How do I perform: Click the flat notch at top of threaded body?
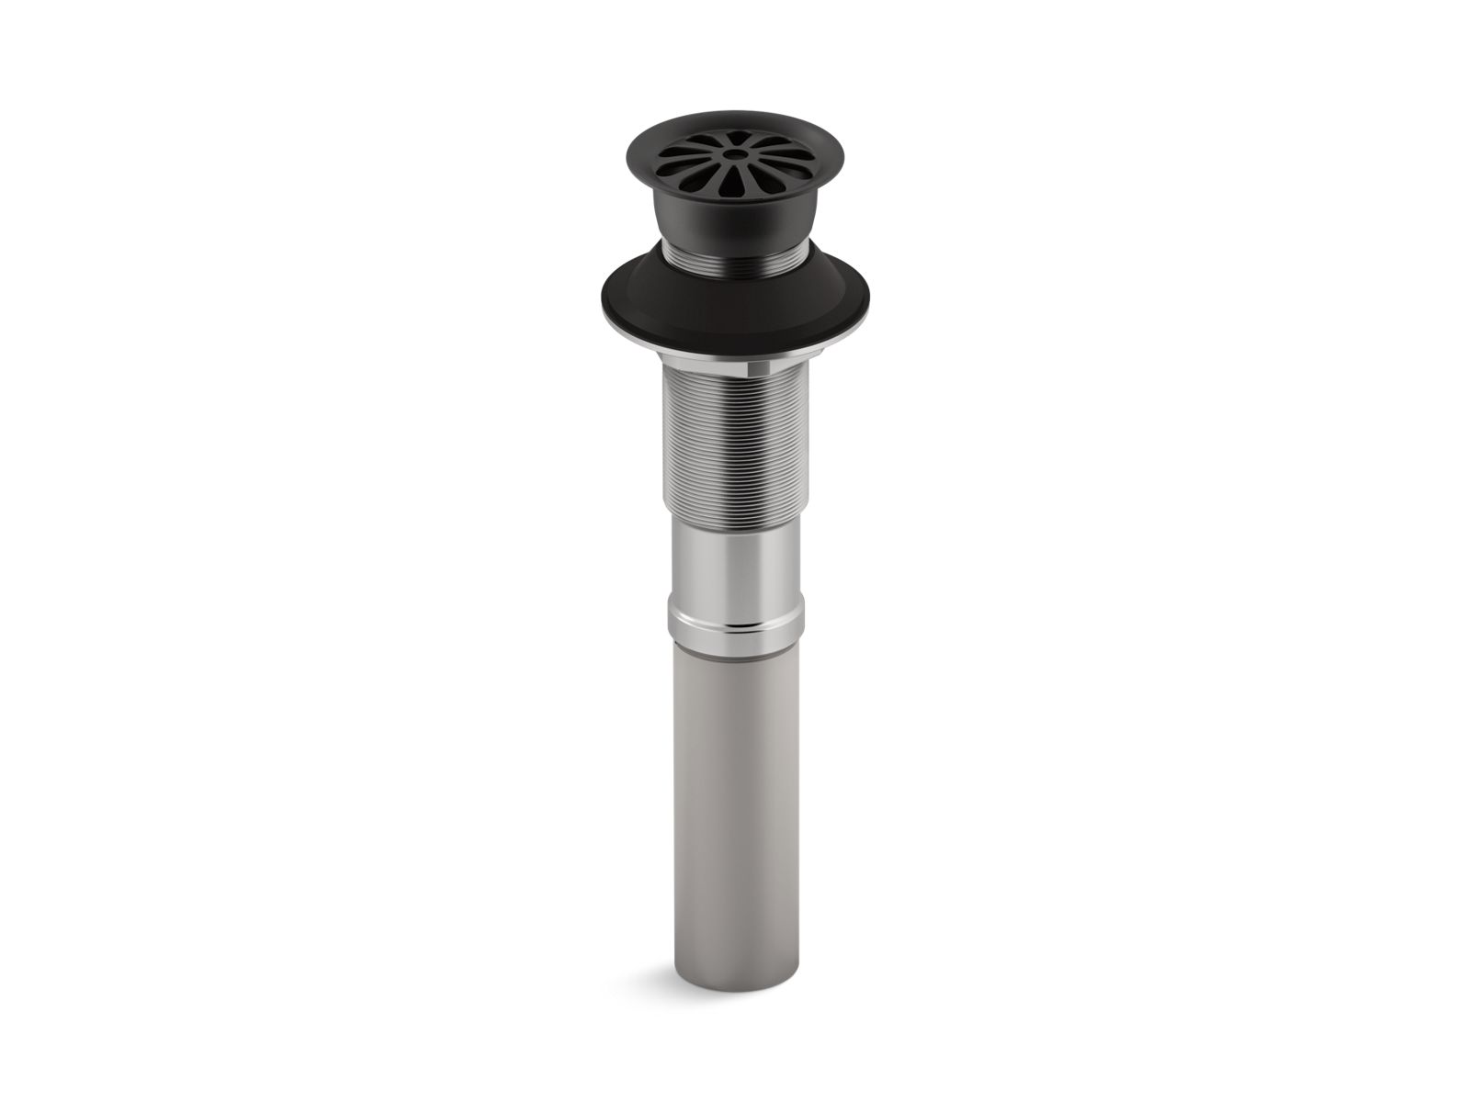pyautogui.click(x=759, y=368)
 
